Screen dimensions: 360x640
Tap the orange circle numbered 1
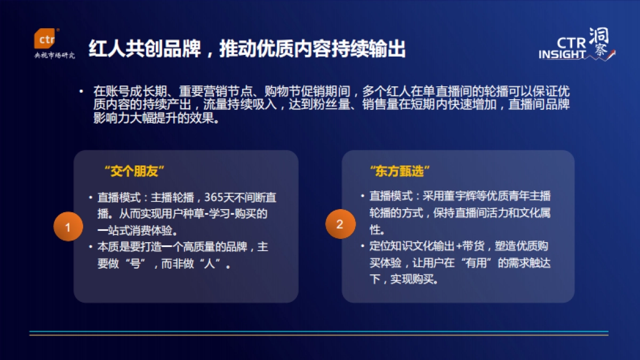(68, 227)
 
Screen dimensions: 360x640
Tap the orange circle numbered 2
(340, 225)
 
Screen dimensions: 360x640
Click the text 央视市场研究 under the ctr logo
(54, 55)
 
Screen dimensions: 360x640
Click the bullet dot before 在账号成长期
(81, 91)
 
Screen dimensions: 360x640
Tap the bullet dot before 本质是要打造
(91, 247)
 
